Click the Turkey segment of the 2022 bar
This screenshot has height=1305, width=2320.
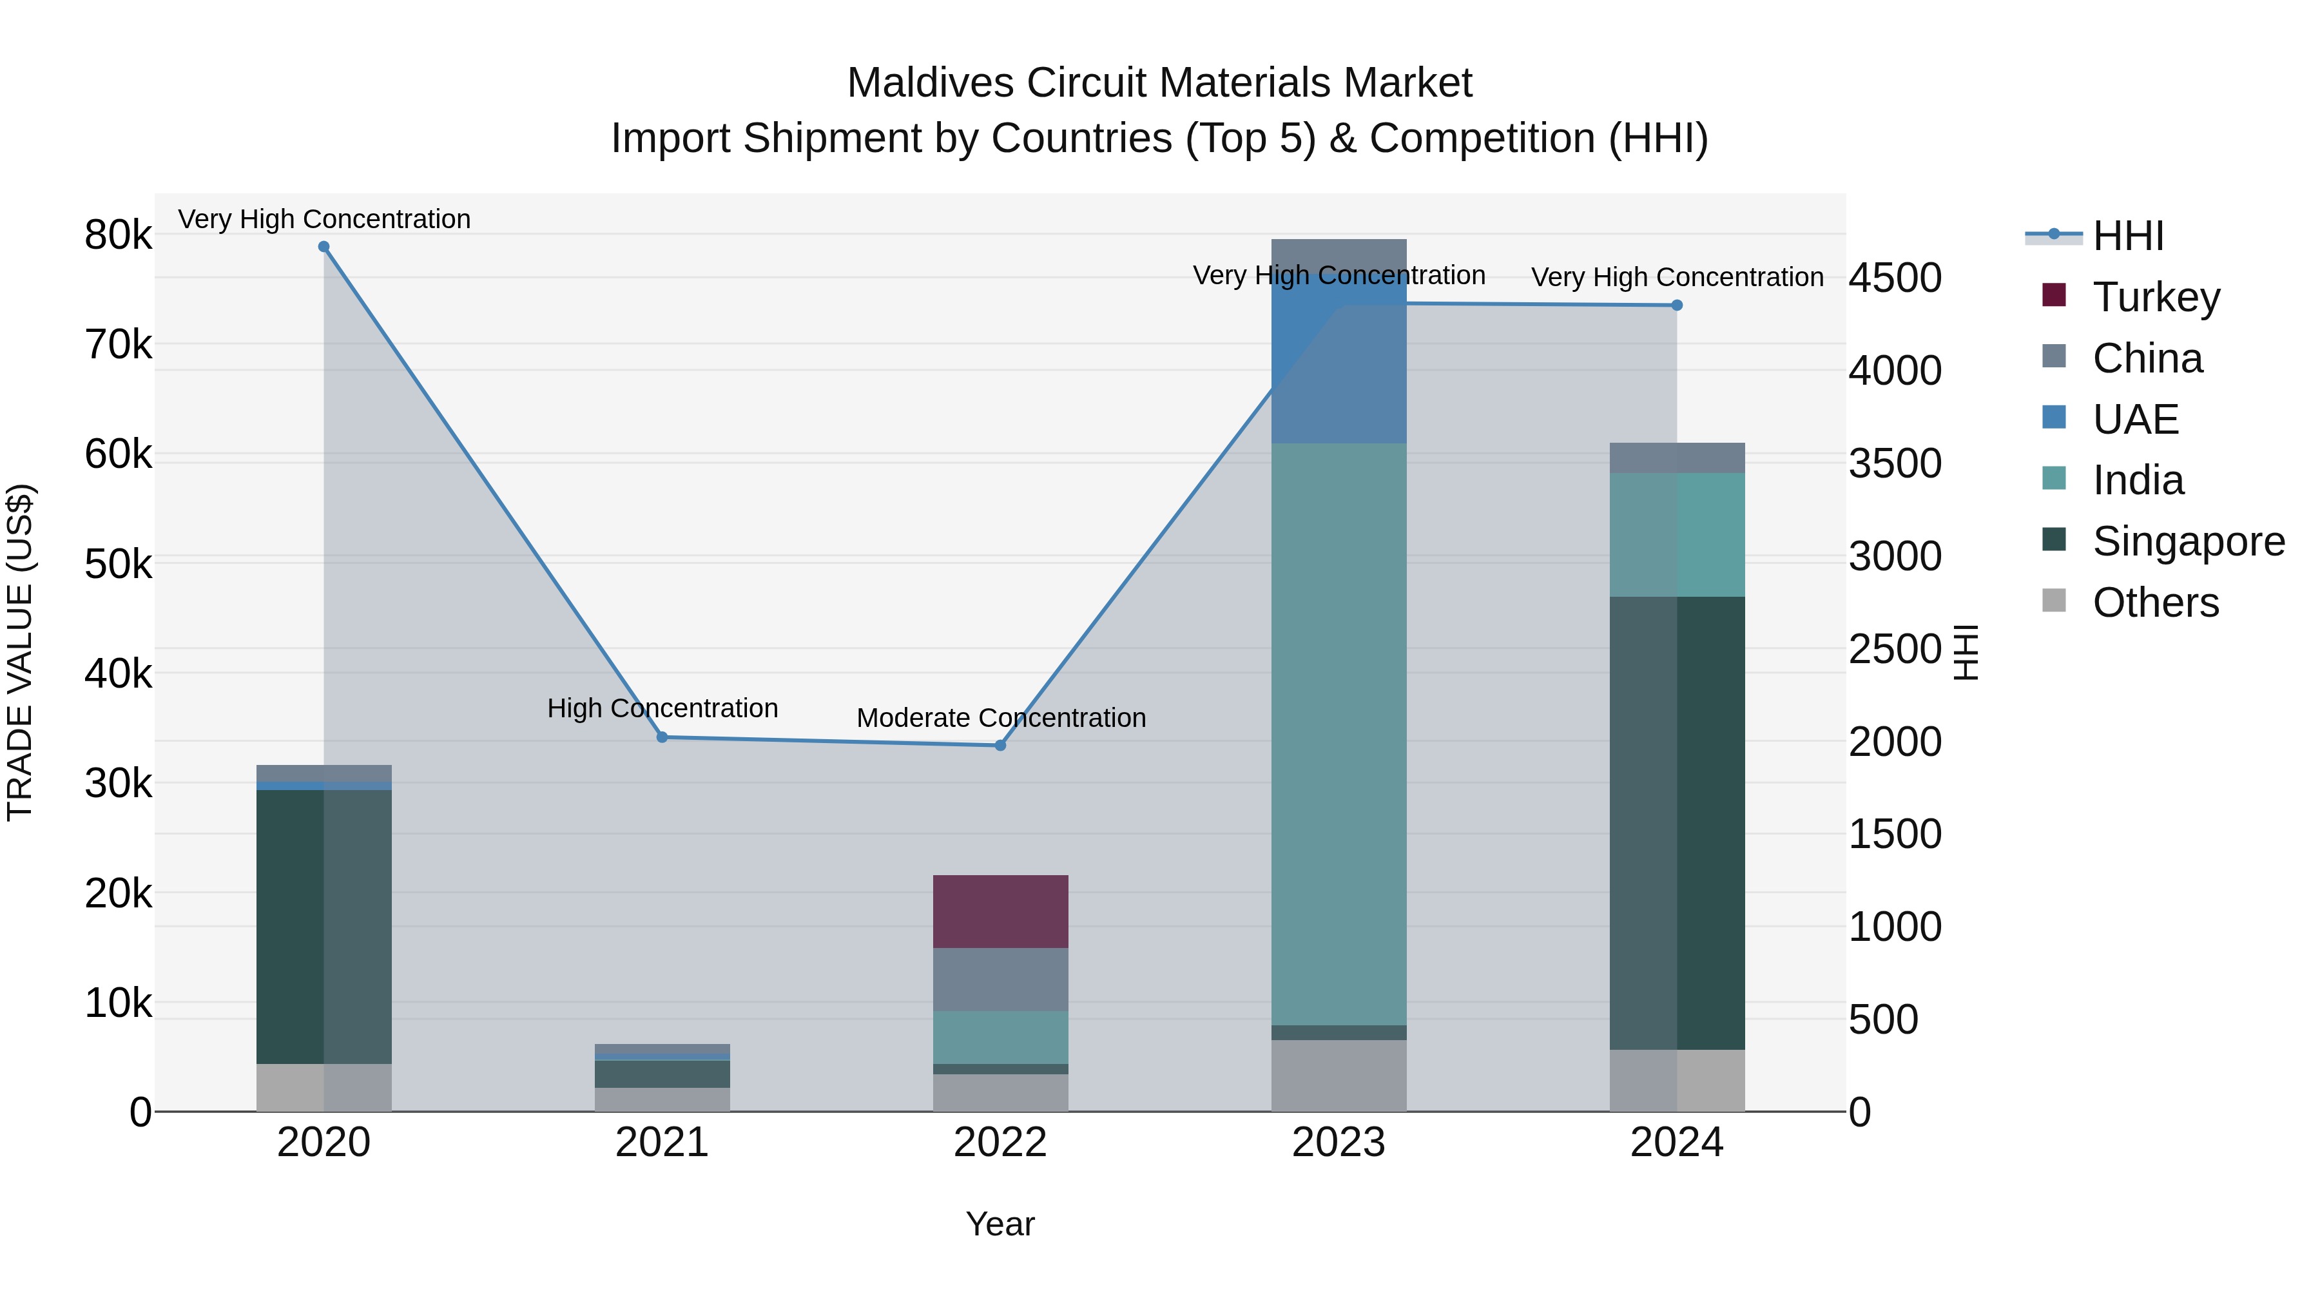click(1000, 911)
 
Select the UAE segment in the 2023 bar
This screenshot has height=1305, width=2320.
click(1339, 360)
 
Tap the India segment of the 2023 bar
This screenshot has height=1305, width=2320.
click(1339, 734)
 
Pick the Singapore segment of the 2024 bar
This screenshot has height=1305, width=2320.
click(1677, 822)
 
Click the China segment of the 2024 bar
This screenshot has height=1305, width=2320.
click(1677, 458)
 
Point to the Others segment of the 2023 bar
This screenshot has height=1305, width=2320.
click(1339, 1076)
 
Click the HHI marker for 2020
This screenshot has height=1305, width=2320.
click(324, 247)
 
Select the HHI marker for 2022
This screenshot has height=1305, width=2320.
click(1000, 746)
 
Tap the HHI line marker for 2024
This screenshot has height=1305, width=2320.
click(1677, 305)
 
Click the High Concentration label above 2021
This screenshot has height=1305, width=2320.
click(662, 709)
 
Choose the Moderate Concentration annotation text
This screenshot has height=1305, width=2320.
click(1001, 719)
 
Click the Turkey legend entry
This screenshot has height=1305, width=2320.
click(2155, 297)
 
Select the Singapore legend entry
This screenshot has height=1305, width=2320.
click(2188, 541)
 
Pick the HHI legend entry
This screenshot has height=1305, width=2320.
click(2127, 236)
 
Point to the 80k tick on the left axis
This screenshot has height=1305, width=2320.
click(118, 236)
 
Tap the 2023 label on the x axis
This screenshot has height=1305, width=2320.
click(1339, 1143)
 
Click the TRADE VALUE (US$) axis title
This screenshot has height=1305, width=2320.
click(20, 652)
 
